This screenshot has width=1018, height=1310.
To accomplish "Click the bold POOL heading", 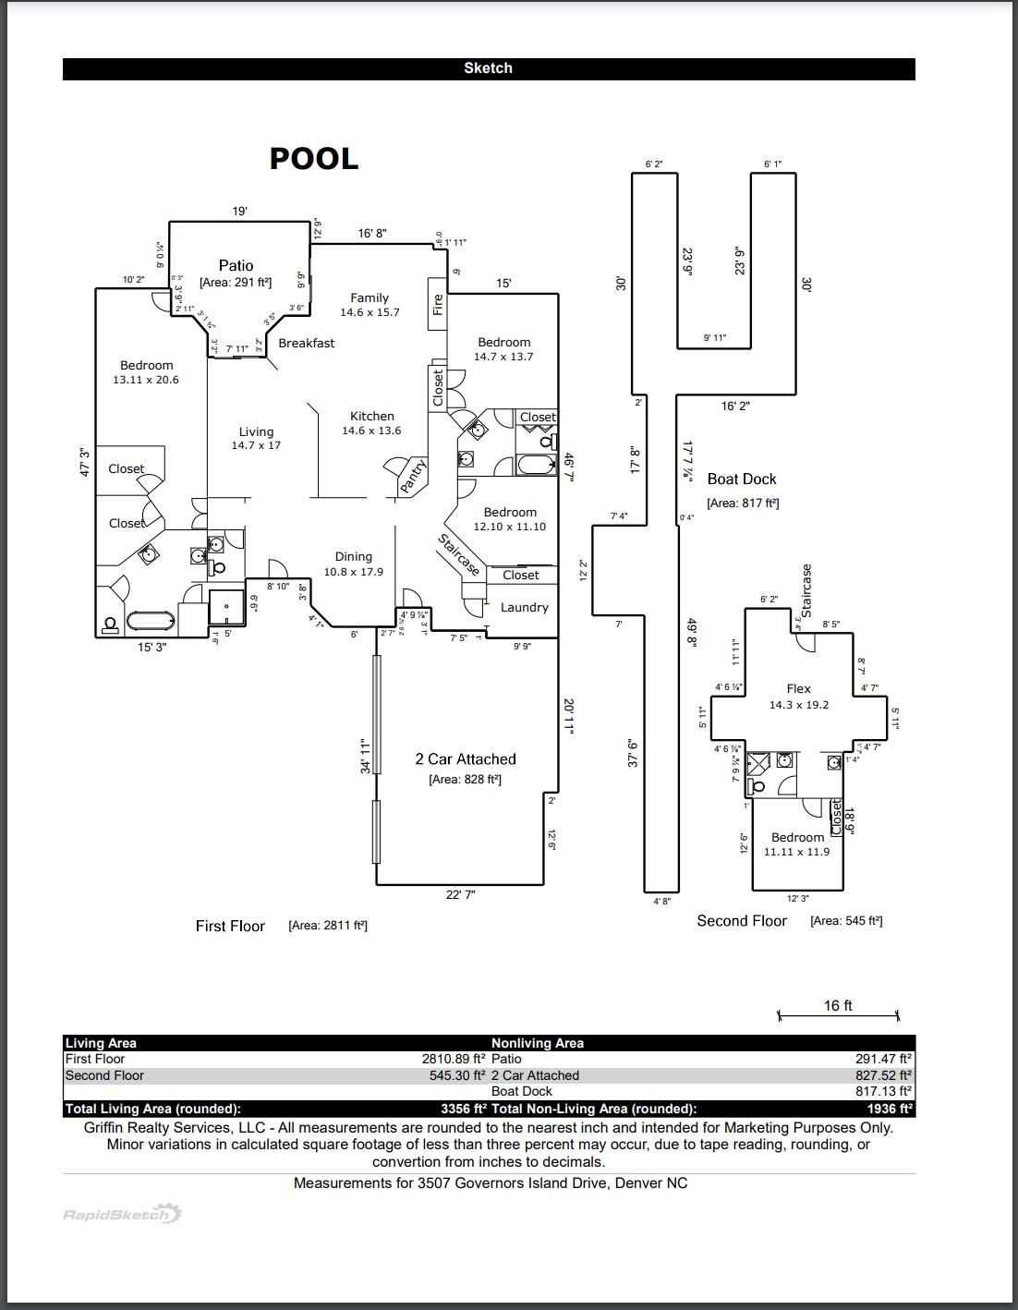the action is [313, 159].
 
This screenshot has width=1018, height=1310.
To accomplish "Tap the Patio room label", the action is [236, 265].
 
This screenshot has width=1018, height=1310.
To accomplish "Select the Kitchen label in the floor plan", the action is [372, 417].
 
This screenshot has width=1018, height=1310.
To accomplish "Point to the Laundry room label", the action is [524, 607].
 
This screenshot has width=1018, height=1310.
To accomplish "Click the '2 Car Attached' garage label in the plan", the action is [465, 759].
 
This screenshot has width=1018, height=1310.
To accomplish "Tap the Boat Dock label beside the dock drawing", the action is [742, 479].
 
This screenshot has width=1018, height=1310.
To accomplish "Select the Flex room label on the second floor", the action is [798, 688].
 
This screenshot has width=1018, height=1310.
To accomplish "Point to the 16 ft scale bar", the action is [838, 1014].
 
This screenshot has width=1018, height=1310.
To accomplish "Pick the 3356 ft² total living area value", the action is [464, 1109].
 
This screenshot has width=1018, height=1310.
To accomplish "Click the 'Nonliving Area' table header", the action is [537, 1043].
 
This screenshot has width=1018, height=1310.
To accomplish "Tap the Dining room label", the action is [353, 556].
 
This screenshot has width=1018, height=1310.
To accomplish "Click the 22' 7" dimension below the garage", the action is [460, 894].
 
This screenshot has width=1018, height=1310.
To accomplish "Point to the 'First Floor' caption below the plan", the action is [230, 926].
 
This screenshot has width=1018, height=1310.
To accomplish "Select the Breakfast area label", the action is [307, 343].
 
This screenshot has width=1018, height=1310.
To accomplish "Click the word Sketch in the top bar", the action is [488, 68].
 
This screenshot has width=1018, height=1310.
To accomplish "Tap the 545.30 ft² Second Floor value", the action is [454, 1075].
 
